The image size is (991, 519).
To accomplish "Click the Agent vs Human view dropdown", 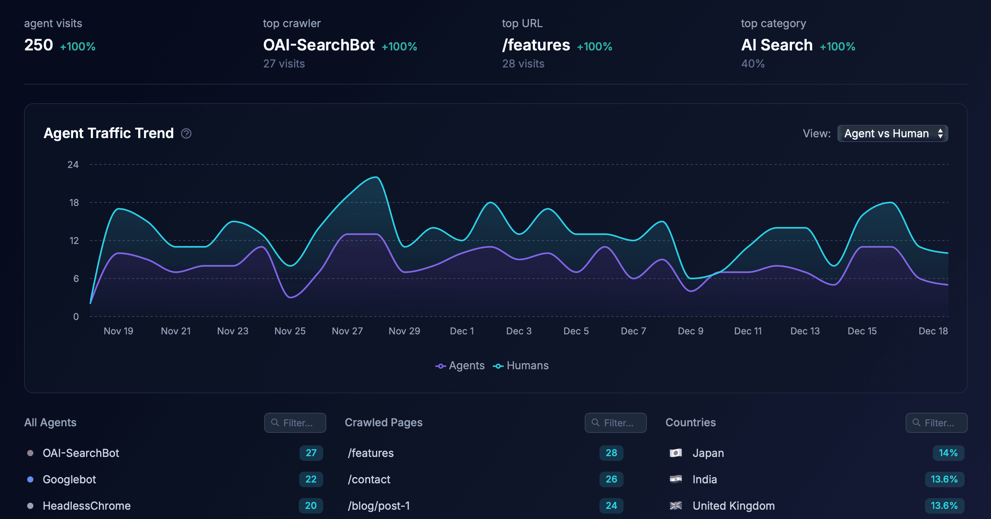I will (x=892, y=133).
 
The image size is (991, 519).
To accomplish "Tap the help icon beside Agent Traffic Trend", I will (x=186, y=133).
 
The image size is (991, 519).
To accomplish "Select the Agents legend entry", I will (x=460, y=365).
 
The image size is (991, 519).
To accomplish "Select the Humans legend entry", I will (x=521, y=365).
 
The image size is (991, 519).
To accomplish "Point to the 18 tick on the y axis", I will (x=74, y=202).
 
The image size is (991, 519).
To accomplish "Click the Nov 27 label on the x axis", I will (x=347, y=331).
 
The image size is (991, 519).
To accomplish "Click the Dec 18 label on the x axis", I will (x=933, y=331).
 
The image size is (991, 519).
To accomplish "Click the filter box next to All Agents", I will (x=295, y=422).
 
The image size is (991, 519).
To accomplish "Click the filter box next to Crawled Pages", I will (x=615, y=422).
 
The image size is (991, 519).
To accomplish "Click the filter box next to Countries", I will (x=936, y=422).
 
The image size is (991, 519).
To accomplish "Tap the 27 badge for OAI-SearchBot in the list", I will (x=311, y=453).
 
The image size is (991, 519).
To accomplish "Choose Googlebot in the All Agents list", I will (x=69, y=479).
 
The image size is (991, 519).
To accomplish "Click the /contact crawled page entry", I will (x=369, y=479).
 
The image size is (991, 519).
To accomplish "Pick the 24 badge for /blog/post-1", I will (x=611, y=505).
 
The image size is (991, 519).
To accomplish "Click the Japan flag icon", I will (x=676, y=453).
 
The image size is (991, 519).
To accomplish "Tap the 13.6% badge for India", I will (x=944, y=479).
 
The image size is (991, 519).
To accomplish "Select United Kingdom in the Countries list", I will (x=733, y=506).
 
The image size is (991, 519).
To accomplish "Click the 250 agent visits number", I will (x=38, y=45).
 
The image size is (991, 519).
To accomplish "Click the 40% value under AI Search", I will (x=753, y=64).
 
